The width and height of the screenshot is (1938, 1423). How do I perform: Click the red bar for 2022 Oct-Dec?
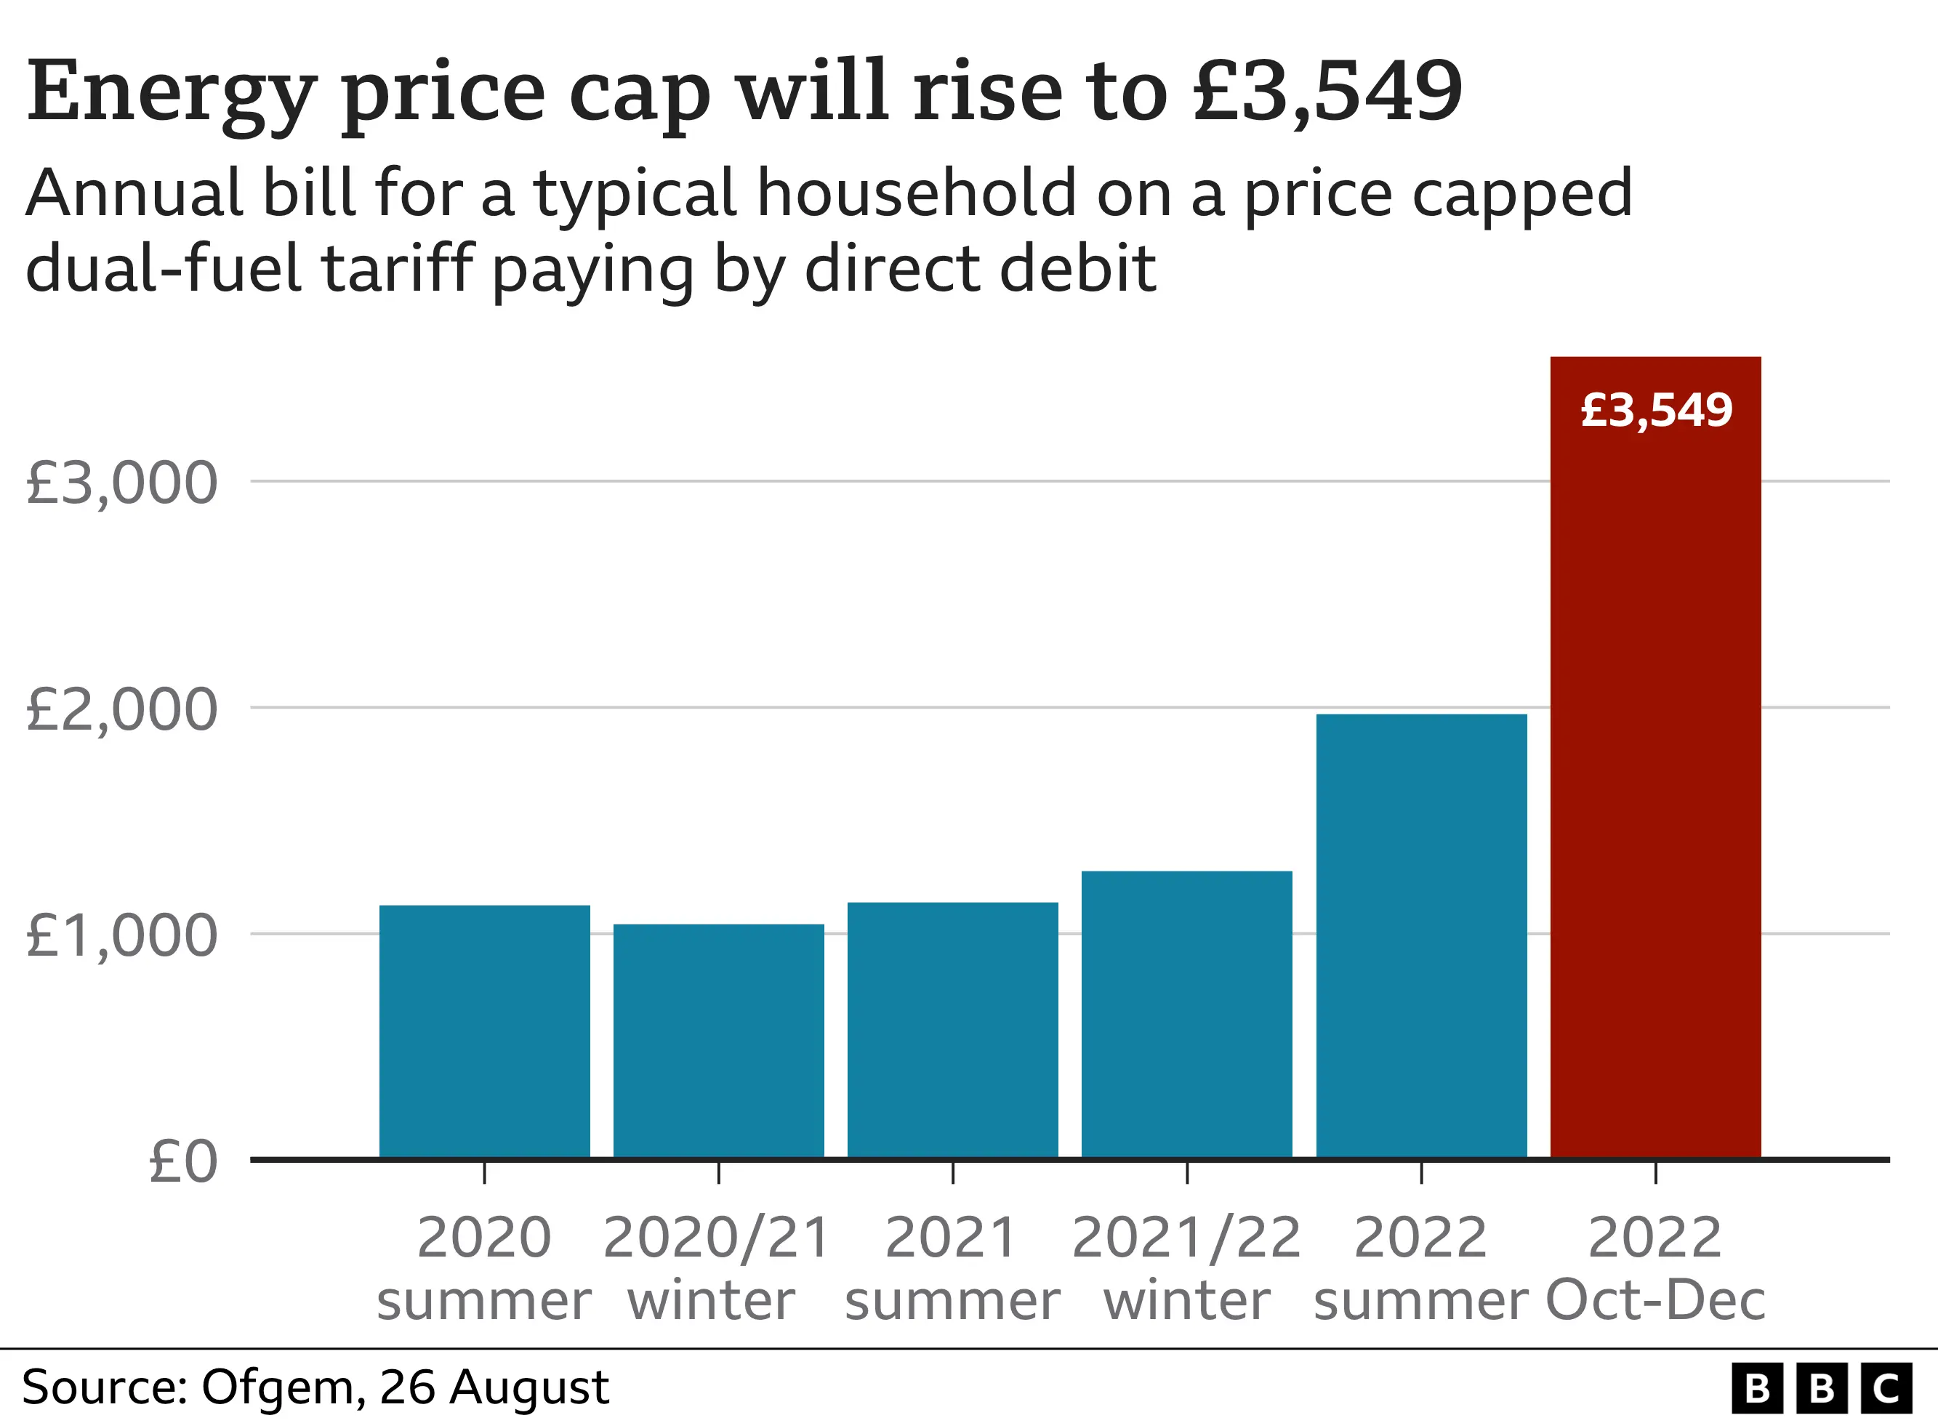click(x=1654, y=775)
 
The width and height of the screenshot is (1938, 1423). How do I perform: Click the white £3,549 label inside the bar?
click(x=1655, y=410)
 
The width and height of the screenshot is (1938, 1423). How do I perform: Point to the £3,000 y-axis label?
click(x=121, y=483)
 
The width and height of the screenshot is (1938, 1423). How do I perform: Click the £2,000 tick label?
click(x=121, y=710)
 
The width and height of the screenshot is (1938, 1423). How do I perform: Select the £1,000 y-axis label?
click(x=121, y=935)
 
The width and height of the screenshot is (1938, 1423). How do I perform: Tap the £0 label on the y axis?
click(x=182, y=1162)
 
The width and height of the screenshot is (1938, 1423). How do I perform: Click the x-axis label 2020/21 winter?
click(x=717, y=1268)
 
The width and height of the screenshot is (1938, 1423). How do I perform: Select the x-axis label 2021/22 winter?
click(x=1186, y=1268)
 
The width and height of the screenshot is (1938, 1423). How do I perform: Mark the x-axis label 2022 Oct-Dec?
click(x=1654, y=1268)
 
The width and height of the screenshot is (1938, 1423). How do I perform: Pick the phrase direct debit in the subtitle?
click(x=980, y=269)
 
